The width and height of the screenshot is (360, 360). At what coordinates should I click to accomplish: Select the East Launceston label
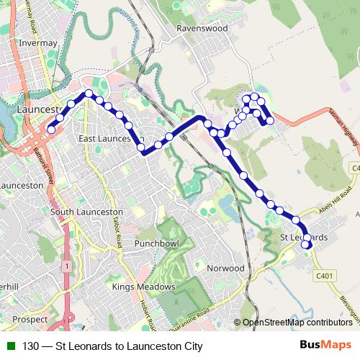tap(111, 138)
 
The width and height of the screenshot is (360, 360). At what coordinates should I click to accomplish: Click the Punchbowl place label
tap(156, 245)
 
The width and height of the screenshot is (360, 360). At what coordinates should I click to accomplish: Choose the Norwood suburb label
tap(225, 268)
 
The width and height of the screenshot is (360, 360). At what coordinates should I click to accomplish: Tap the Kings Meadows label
tap(144, 287)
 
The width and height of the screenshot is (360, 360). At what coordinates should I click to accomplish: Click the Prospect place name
tap(30, 318)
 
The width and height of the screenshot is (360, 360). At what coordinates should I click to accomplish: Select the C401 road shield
tap(325, 275)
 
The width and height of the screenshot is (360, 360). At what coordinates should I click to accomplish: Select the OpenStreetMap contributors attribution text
tap(297, 323)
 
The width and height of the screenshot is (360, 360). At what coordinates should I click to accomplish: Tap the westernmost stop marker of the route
tap(52, 130)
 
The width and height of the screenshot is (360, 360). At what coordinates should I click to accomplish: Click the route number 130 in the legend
tap(31, 346)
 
